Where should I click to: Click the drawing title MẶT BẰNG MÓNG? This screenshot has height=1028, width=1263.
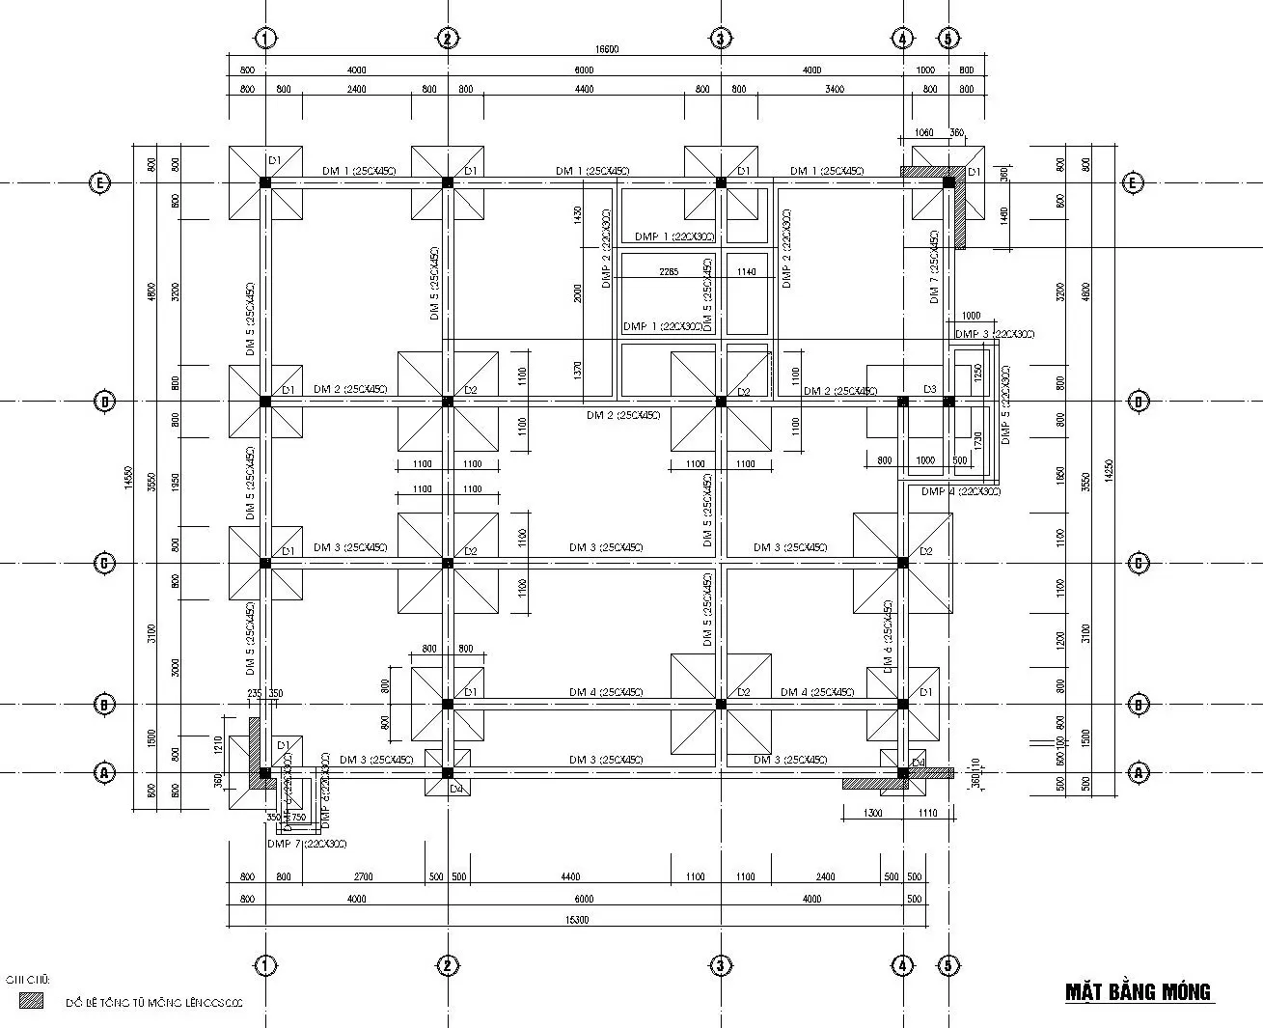tap(1137, 992)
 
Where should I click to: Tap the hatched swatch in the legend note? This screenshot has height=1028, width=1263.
tap(32, 1002)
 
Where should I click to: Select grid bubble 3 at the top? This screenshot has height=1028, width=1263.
tap(721, 39)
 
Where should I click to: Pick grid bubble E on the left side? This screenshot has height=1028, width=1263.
tap(98, 182)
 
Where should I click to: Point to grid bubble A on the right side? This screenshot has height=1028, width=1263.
tap(1139, 772)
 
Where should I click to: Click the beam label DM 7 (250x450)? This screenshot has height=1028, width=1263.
tap(934, 267)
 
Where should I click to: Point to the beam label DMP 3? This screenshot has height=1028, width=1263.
tap(994, 334)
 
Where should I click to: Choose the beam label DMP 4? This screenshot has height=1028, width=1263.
tap(960, 492)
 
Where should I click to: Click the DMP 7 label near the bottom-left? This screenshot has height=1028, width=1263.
tap(306, 845)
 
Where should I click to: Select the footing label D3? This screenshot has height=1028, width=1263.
tap(929, 389)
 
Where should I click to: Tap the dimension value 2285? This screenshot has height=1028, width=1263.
tap(669, 272)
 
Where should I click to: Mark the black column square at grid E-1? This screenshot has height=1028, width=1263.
tap(265, 182)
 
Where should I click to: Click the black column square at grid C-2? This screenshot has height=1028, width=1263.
tap(447, 563)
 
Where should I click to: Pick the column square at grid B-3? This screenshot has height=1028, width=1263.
tap(721, 705)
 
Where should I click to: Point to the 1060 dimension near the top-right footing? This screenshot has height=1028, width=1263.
tap(922, 133)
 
